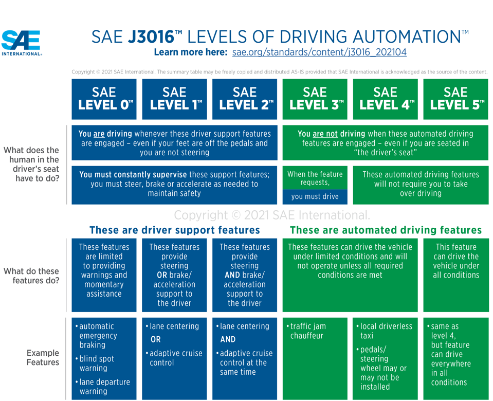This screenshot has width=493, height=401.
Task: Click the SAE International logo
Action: (x=22, y=42)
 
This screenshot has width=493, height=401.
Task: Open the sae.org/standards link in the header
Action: (x=319, y=52)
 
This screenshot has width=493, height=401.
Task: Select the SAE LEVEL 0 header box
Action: (x=104, y=99)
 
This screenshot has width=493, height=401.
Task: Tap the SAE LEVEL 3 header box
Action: (x=315, y=99)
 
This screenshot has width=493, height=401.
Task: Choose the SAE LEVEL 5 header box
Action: (x=456, y=99)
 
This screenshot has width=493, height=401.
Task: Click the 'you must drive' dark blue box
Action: (x=315, y=196)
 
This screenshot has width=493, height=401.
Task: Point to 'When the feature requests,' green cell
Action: (x=315, y=178)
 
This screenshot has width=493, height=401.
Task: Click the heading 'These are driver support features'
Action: (x=174, y=230)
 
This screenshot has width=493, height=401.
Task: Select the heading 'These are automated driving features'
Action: (x=386, y=230)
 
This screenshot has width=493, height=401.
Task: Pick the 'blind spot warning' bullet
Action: (x=98, y=363)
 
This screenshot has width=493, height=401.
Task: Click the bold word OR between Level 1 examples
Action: (x=156, y=340)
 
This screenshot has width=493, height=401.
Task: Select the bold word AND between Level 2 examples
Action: (x=228, y=340)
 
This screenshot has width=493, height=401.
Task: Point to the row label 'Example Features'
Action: (x=43, y=358)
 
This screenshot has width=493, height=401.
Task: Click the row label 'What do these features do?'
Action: (x=31, y=276)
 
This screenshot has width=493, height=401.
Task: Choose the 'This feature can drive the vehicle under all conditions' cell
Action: (x=456, y=261)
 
